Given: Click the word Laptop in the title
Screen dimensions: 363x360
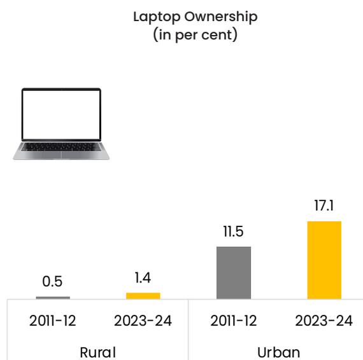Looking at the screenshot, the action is pos(156,17).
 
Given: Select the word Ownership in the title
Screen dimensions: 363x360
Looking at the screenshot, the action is pos(221,17).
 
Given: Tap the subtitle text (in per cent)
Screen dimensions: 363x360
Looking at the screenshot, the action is pos(195,35).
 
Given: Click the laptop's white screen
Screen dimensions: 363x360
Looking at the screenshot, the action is pos(61,114).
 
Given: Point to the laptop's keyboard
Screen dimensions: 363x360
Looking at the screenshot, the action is pos(61,147).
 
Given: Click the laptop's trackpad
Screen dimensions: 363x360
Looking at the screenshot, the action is pos(61,155).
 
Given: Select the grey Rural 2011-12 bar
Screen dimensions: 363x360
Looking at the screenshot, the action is pos(53,298).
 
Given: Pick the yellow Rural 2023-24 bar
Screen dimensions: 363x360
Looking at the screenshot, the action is pos(143,296).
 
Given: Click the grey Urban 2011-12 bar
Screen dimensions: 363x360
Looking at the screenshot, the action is pos(234,273).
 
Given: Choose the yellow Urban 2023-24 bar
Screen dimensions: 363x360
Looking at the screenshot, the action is pos(324,260).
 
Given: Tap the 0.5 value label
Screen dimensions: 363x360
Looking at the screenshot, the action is pos(52,281).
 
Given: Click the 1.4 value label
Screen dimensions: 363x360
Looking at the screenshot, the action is pos(143,278).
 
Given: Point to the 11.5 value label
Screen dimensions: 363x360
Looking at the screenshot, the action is pos(233,232).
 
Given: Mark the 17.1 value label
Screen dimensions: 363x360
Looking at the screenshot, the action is pos(324,205).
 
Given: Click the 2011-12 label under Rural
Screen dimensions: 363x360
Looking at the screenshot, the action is pos(53,321).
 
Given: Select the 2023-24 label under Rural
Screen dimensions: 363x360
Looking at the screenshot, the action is pos(143,321).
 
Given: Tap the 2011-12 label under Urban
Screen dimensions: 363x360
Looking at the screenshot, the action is pos(234,321).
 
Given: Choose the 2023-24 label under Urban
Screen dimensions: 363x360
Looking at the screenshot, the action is pos(324,321).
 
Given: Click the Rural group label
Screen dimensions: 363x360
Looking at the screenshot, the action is pos(97,352).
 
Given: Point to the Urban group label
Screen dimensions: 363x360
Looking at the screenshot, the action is pos(278,352).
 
